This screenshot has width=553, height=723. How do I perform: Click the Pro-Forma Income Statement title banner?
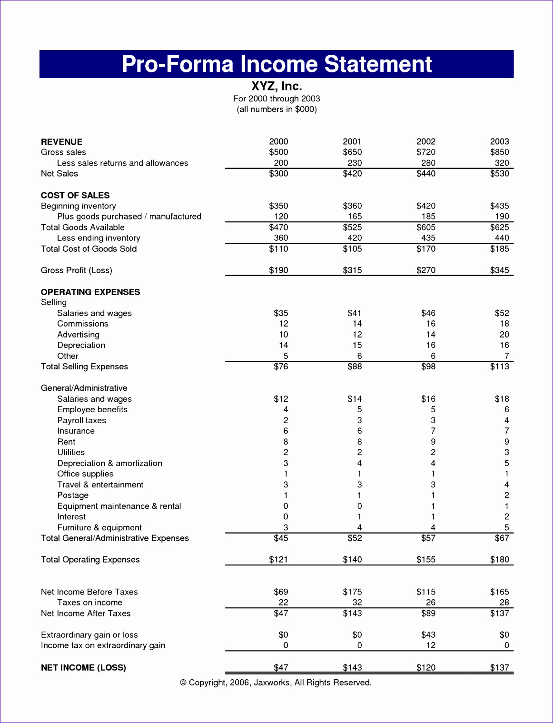tap(276, 64)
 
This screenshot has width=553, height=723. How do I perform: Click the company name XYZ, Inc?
tap(276, 86)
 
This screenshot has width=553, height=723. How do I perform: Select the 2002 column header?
tap(426, 141)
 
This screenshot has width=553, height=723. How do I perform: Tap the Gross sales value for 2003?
tap(499, 152)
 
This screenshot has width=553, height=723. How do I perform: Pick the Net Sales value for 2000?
tap(278, 174)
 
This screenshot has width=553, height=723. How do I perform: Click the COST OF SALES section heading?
tap(75, 195)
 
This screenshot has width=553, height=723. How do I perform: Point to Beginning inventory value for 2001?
tap(352, 206)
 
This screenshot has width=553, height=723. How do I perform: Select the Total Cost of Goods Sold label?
tap(89, 249)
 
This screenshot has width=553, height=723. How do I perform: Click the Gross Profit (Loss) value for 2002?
tap(426, 270)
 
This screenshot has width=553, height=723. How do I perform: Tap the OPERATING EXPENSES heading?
tap(90, 292)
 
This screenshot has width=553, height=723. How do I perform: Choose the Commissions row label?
tap(83, 324)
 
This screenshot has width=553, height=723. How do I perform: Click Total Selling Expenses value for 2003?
tap(499, 366)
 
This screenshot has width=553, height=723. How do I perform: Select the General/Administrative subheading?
tap(84, 388)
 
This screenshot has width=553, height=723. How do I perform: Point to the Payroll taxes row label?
tap(82, 420)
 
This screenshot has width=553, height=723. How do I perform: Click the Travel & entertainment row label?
tap(100, 485)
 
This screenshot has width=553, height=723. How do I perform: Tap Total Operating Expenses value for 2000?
tap(278, 560)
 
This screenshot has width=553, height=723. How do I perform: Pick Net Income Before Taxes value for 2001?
tap(352, 592)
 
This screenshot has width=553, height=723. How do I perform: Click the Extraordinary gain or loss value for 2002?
tap(428, 635)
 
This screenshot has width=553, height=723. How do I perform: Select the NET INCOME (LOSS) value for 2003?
tap(499, 668)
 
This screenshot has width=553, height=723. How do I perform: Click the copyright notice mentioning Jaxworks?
tap(276, 683)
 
